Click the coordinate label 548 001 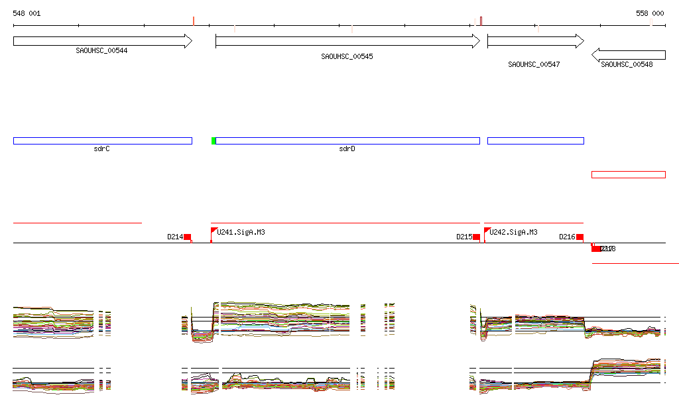(x=27, y=13)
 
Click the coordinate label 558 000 (x=650, y=13)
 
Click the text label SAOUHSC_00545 (x=347, y=56)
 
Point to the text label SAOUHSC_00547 (x=534, y=64)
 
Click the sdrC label (x=101, y=149)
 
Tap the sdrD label (x=347, y=149)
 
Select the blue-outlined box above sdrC (x=102, y=141)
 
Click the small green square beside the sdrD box (x=214, y=141)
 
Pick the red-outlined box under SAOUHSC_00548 (x=628, y=174)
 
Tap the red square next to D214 (x=188, y=237)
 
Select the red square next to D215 (x=476, y=237)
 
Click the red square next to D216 (x=580, y=237)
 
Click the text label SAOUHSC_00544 (x=101, y=50)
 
